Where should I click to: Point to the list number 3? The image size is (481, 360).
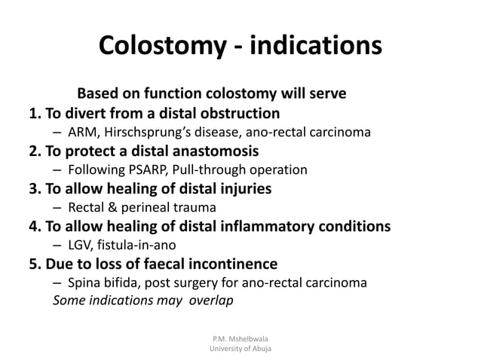click(x=33, y=188)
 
